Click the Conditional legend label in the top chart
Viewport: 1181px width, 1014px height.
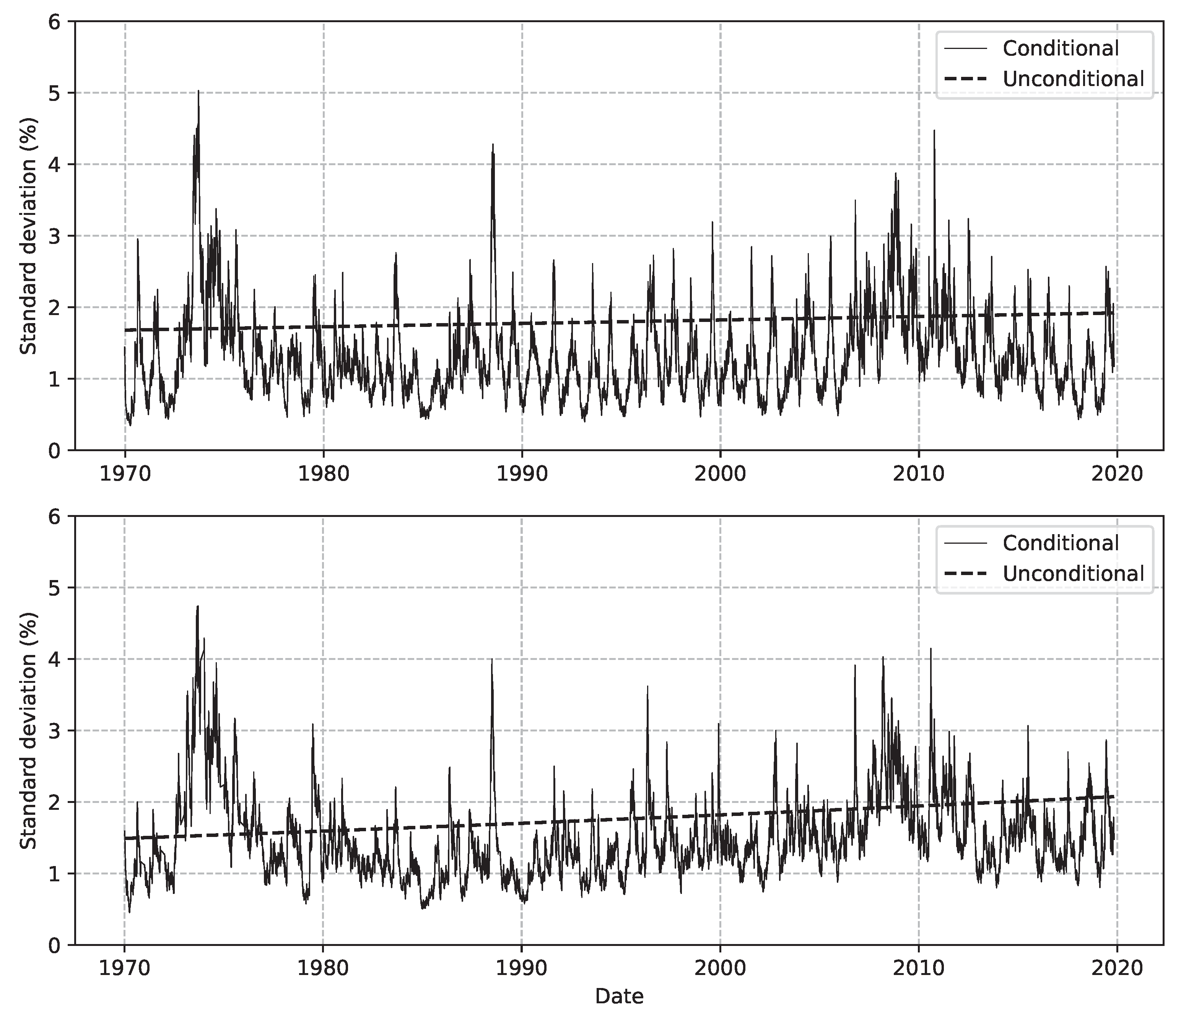[x=1061, y=49]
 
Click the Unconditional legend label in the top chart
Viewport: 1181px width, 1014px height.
[x=1073, y=79]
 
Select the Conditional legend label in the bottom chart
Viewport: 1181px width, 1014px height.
[x=1061, y=544]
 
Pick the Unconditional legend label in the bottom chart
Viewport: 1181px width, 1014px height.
[x=1073, y=574]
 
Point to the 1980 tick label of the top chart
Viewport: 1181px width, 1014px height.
[x=323, y=474]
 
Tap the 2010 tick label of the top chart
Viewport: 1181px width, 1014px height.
[x=918, y=474]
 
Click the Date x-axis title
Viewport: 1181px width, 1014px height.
[x=619, y=997]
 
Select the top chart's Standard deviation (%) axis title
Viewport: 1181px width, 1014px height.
[x=29, y=236]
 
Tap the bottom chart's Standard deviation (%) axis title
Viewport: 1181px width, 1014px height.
[x=29, y=730]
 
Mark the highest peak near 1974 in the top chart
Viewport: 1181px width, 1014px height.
[x=198, y=91]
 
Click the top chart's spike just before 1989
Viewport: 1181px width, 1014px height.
[x=493, y=145]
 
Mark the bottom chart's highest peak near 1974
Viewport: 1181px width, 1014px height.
[x=198, y=606]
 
